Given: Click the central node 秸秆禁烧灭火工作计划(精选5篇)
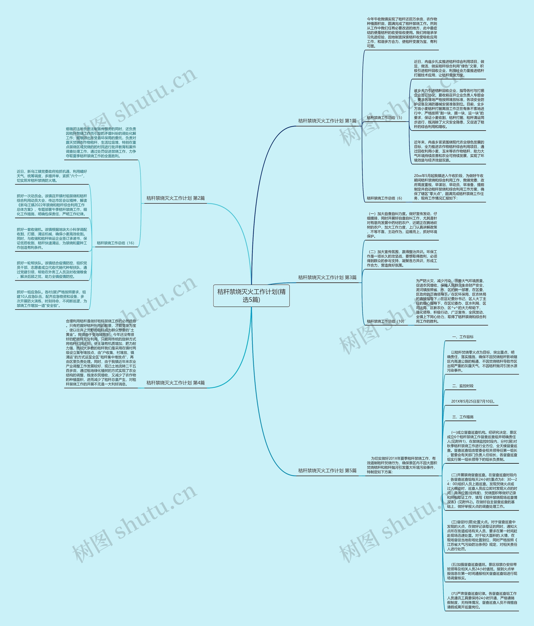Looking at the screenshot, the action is [251, 295].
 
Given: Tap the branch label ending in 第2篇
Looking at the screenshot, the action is [175, 198].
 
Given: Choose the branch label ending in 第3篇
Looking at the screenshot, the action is [327, 277].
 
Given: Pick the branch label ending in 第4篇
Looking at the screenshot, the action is [175, 383].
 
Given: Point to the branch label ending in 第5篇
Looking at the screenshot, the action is [327, 470].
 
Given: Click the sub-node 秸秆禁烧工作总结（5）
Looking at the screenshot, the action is [384, 118].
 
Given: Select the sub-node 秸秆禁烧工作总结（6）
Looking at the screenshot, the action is [384, 198].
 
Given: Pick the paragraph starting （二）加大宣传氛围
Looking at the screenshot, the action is [402, 258].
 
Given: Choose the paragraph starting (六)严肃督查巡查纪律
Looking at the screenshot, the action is [482, 600].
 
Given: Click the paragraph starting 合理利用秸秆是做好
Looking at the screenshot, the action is [101, 352].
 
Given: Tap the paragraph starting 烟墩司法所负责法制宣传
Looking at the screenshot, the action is [101, 142].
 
